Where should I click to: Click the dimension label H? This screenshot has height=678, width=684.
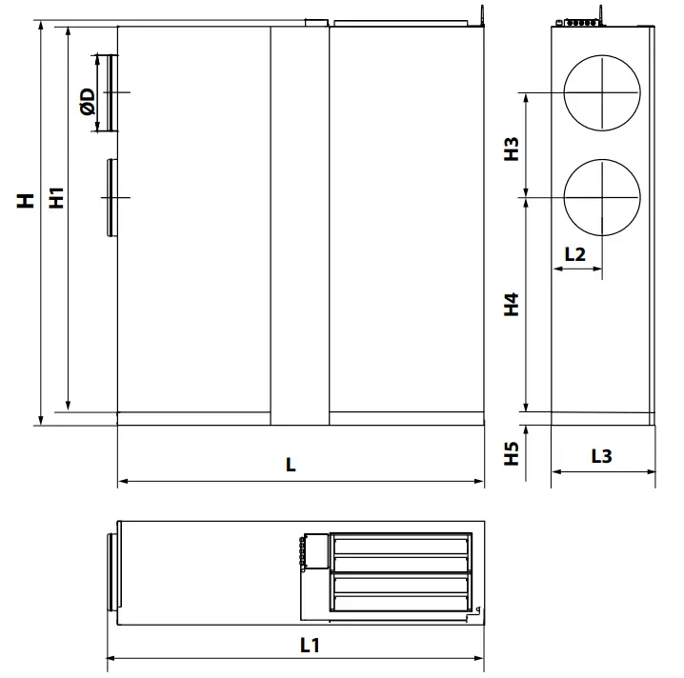coord(26,200)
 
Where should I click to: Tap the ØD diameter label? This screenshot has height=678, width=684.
coord(87,102)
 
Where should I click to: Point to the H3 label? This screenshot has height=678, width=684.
coord(512,150)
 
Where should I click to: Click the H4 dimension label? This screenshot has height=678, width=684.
coord(512,305)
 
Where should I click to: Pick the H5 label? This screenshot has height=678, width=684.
coord(512,452)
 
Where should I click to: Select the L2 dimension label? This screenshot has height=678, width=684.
coord(574,254)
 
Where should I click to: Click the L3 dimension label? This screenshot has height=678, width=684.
coord(601,456)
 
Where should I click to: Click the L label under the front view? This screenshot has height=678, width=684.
coord(291,466)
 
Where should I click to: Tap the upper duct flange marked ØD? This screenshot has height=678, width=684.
coord(111,92)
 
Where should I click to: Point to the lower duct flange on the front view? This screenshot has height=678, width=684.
coord(111,197)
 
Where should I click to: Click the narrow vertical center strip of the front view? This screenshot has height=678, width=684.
coord(299,224)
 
